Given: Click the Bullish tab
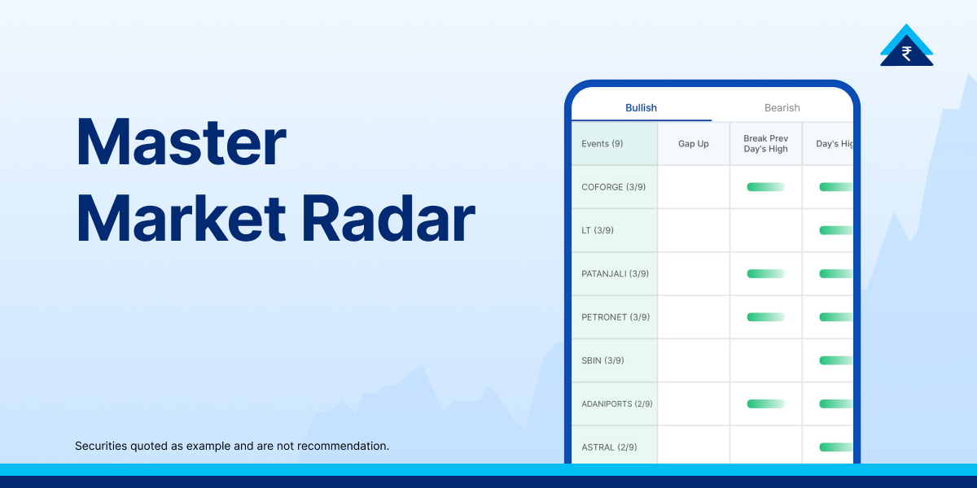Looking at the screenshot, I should pos(641,107).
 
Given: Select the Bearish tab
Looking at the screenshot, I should pos(782,107).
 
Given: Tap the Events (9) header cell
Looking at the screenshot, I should pos(602,144).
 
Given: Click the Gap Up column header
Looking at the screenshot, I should pos(694,144).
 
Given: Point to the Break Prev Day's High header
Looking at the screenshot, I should pos(765,144).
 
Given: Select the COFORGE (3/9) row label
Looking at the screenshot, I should pos(614,187).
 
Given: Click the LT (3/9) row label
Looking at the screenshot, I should pos(598,230).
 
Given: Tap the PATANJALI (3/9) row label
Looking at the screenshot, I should pos(616,274).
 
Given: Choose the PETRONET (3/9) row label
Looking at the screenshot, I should pos(616,317).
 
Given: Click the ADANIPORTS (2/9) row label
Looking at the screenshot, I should pos(617,404).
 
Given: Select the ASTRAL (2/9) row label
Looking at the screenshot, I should pos(609,447).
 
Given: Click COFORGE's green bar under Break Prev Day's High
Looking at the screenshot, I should pos(765,187).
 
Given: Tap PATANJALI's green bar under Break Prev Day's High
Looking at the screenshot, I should pos(765,274).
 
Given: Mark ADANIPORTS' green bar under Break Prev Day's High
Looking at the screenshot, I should pos(765,404).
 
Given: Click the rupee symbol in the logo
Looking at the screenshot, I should pos(906,54).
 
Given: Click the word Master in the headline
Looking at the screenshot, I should pos(181,142).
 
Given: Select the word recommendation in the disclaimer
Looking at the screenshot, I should pos(346,446).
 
